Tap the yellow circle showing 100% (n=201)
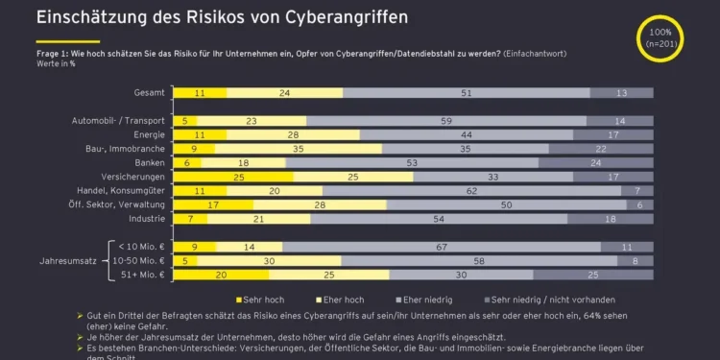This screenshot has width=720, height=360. point(664,37)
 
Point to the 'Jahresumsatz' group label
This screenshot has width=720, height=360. point(68,261)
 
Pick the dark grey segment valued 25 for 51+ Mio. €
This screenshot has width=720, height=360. point(618,275)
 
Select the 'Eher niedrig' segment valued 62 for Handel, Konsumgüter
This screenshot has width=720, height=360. point(470,191)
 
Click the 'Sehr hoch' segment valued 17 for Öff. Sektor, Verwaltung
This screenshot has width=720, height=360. point(212,204)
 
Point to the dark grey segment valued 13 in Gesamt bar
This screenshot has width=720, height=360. point(621,92)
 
